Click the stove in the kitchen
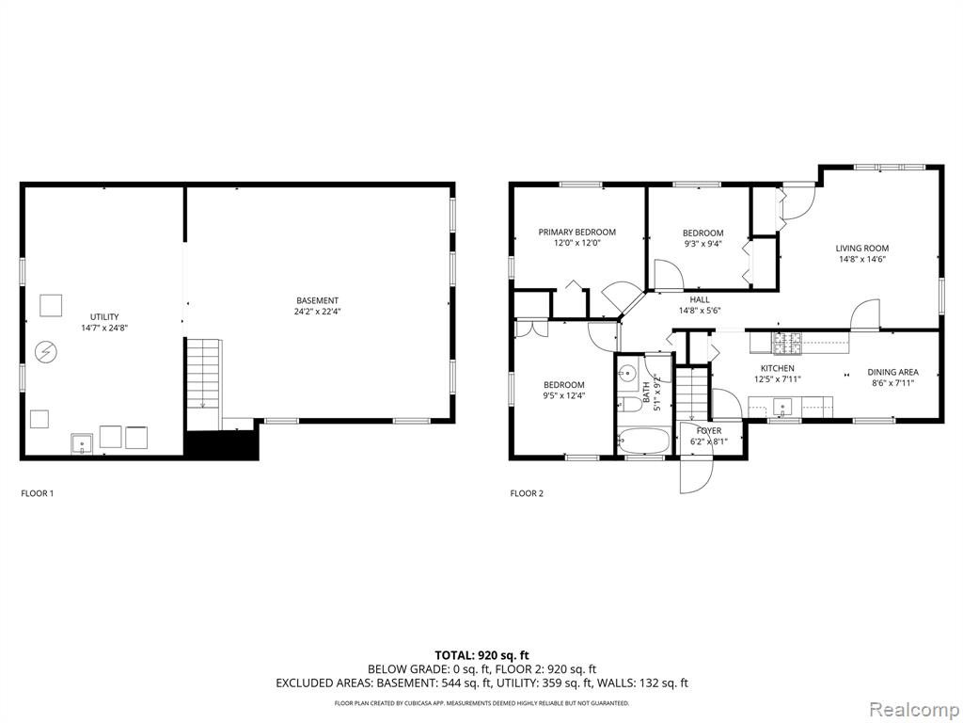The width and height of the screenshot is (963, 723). pos(787,343)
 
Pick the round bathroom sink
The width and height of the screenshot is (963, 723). pos(627,373)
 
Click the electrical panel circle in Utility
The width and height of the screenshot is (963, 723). pos(45,352)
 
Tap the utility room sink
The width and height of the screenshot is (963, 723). pos(82,443)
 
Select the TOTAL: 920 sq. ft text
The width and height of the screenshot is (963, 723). pos(481,655)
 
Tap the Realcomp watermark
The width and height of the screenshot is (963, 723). pos(914,710)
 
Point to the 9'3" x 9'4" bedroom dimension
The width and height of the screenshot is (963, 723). pos(703,243)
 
